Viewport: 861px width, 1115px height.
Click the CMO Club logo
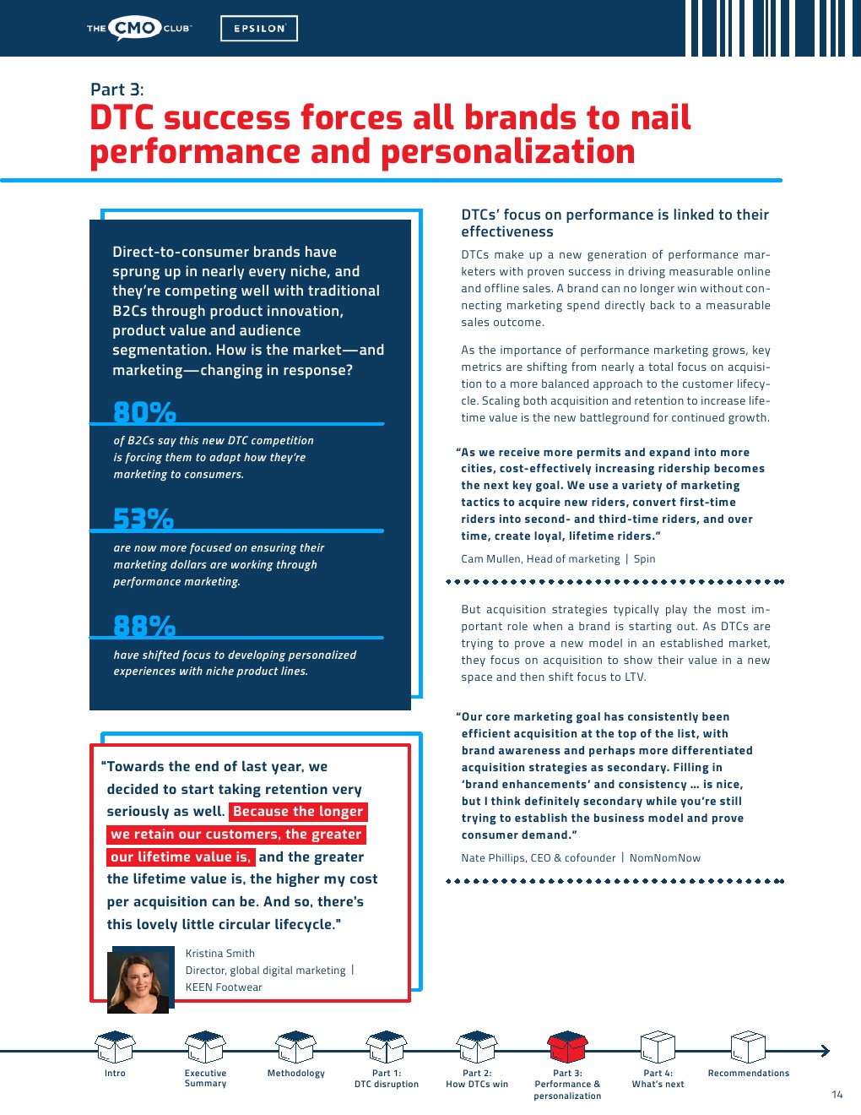coord(139,28)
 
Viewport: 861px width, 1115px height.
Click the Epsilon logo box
coord(259,29)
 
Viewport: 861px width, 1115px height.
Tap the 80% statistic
coord(144,412)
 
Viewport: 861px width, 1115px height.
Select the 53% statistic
coord(143,519)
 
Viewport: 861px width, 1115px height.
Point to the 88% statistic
coord(144,626)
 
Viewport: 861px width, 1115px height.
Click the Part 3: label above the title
coord(116,90)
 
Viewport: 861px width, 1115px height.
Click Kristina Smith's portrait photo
coord(139,981)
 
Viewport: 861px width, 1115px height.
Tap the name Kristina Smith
coord(219,954)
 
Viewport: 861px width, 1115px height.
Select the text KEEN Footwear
coord(224,987)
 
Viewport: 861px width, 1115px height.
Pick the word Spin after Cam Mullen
coord(644,559)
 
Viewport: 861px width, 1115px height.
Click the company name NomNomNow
coord(664,858)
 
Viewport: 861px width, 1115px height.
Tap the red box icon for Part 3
coord(567,1047)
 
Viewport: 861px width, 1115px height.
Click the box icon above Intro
coord(115,1047)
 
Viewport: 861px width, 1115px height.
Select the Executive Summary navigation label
coord(205,1079)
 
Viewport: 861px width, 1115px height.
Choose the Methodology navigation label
coord(295,1074)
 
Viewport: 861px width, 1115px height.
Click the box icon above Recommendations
coord(748,1047)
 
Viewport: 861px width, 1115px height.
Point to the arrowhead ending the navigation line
coord(825,1051)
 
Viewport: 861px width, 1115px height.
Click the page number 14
coord(837,1095)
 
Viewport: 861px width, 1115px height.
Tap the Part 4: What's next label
coord(658,1079)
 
